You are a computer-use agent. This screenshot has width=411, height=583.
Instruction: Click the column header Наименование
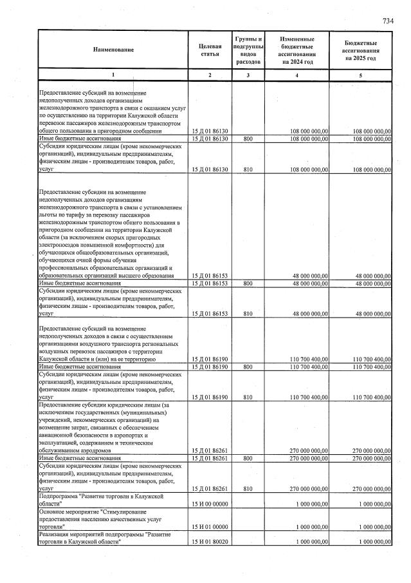coord(113,50)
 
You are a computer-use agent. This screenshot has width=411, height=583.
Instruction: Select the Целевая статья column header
coord(210,50)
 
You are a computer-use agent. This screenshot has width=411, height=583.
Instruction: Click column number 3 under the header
coord(247,75)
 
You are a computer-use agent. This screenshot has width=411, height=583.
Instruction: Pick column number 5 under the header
coord(360,75)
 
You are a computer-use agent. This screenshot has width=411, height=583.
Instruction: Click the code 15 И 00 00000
coord(210,503)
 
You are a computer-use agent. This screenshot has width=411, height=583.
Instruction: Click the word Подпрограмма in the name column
coord(59,496)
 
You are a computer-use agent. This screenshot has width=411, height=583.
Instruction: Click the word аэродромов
coord(94,451)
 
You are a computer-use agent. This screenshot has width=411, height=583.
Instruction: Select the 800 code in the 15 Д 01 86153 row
coord(247,283)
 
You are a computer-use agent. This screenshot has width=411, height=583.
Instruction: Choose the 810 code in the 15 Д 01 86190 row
coord(247,397)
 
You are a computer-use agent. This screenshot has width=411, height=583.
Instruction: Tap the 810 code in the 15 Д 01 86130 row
coord(247,169)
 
